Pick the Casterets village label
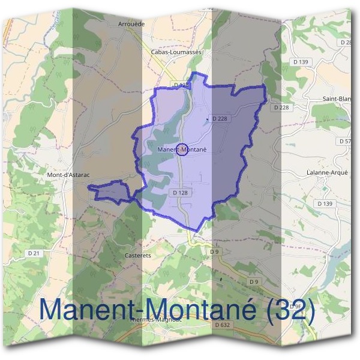[x=137, y=255]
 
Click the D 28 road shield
[x=346, y=43]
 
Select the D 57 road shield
[x=346, y=141]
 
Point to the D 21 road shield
[x=34, y=254]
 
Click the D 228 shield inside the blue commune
[x=219, y=119]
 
